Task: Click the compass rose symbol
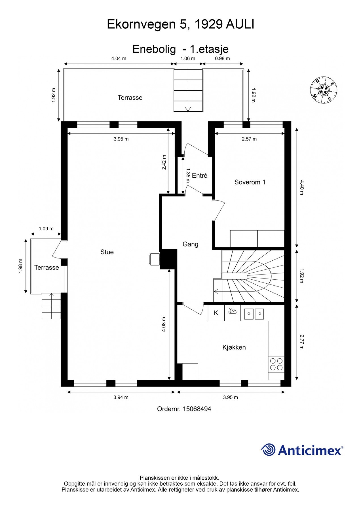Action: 323,90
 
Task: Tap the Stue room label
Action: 107,252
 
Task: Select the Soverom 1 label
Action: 250,182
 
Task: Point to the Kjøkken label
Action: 234,347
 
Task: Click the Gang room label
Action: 190,244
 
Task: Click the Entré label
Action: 199,176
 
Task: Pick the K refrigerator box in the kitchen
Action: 216,313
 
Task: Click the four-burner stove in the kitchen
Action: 276,364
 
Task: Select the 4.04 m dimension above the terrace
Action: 119,59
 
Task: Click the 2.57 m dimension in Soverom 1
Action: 249,139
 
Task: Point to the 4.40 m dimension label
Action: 301,187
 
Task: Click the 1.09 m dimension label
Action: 46,229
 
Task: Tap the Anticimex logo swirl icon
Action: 268,450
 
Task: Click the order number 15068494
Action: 197,409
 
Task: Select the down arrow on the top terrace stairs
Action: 188,108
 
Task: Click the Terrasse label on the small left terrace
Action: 47,267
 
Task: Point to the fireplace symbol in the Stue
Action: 154,259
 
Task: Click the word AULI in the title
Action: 240,25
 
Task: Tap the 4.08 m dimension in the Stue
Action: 164,324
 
